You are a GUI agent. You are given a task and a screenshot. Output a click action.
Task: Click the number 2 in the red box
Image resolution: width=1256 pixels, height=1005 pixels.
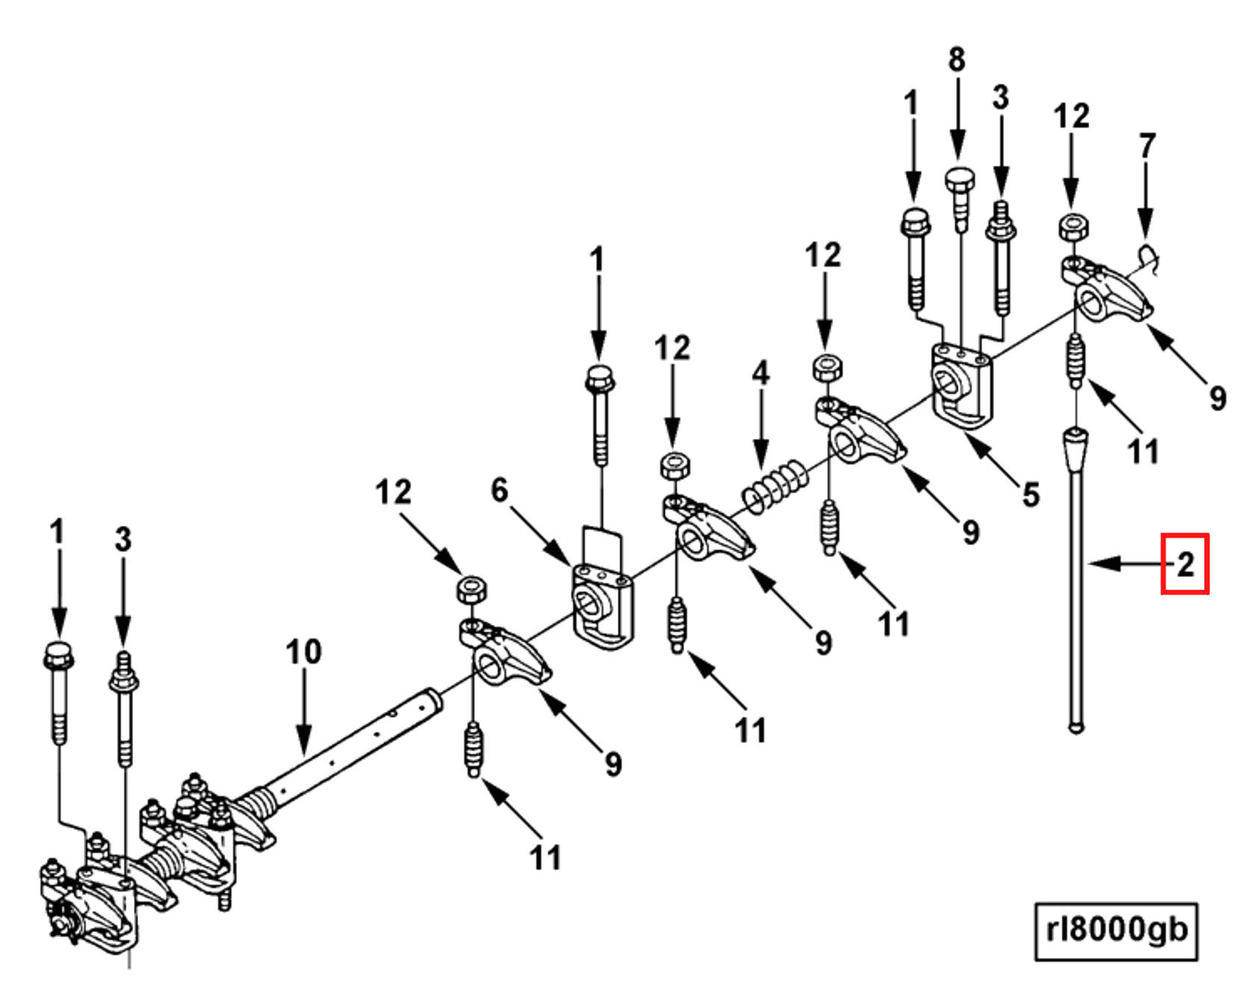[1184, 565]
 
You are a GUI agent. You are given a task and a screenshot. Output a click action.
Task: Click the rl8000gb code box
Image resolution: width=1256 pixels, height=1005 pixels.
[1115, 931]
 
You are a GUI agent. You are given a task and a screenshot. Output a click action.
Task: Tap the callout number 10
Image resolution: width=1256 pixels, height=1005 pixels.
[304, 652]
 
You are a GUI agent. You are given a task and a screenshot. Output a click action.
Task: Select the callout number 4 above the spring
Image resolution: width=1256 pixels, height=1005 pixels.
[760, 372]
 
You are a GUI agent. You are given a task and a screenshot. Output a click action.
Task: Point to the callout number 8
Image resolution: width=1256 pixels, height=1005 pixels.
[957, 59]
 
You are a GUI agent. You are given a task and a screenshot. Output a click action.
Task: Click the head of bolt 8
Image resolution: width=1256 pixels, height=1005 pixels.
[959, 182]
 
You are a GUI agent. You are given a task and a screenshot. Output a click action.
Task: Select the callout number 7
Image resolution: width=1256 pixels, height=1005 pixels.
[1147, 146]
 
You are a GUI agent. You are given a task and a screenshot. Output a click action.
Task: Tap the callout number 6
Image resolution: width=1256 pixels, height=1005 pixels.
[499, 491]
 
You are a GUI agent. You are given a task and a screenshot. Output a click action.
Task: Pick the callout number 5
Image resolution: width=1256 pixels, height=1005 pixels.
[1031, 494]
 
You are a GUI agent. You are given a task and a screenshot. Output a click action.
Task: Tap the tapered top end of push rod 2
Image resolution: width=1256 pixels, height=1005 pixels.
[1075, 449]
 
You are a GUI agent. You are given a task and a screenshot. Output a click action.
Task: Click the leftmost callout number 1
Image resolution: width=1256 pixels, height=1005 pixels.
[57, 532]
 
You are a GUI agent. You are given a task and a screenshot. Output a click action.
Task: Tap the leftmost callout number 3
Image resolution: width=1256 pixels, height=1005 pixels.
[123, 540]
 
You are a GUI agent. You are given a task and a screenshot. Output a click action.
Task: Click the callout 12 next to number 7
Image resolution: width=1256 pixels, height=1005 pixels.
[1071, 116]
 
